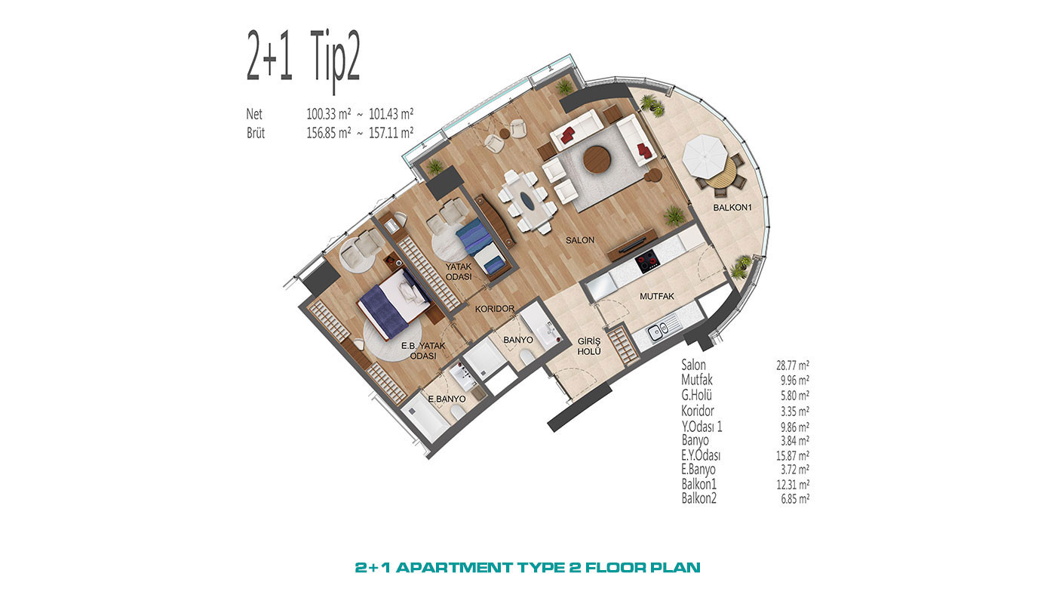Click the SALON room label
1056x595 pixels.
580,240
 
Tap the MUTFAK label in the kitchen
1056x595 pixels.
657,296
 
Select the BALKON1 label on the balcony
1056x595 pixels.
732,207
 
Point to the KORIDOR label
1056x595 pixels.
495,309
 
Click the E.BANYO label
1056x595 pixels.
447,399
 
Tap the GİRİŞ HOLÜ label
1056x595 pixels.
589,347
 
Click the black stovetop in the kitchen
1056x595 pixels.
646,262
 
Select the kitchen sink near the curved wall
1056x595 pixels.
657,331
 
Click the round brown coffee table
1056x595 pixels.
597,159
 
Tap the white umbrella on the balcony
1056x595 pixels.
705,156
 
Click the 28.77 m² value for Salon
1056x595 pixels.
793,365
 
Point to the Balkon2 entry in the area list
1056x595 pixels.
698,498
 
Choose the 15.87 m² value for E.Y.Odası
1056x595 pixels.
793,456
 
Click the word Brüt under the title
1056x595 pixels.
256,133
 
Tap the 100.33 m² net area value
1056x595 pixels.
329,114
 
